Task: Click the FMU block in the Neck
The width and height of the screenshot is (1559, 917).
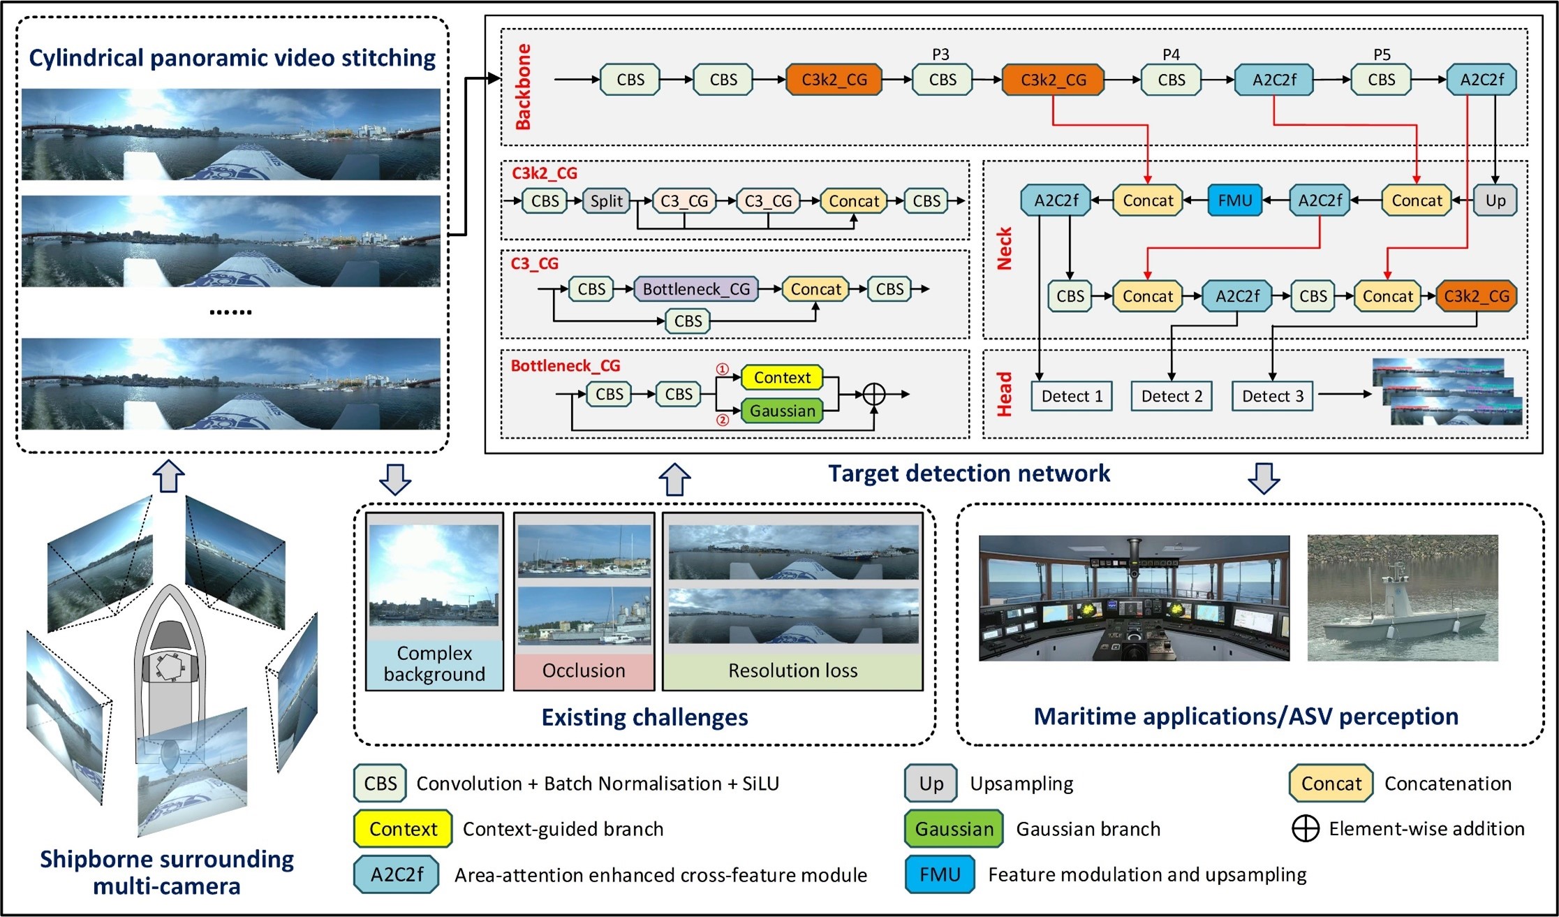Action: [1234, 201]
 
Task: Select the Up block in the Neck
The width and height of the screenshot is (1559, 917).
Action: [1495, 201]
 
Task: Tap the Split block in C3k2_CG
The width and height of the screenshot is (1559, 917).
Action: [606, 201]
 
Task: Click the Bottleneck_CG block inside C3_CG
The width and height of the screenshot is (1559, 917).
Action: [696, 289]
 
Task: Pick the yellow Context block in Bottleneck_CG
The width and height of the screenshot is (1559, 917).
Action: [782, 378]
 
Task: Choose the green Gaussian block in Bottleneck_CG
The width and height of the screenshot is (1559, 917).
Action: [782, 411]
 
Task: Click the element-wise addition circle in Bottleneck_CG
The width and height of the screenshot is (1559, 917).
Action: [874, 395]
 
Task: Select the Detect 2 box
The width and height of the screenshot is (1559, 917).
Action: [1172, 397]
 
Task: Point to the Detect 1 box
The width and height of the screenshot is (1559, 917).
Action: [1072, 397]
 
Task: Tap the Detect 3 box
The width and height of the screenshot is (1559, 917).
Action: [1272, 397]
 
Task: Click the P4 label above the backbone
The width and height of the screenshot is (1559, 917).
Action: [1171, 54]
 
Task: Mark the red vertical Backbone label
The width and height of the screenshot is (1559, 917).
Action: [523, 87]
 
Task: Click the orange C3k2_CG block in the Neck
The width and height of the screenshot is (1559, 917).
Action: [1477, 296]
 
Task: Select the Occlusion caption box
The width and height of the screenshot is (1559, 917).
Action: [584, 671]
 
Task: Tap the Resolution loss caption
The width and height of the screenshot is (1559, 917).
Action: [792, 671]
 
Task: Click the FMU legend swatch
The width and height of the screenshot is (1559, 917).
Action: [940, 874]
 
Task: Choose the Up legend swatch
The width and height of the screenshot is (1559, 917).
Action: [931, 784]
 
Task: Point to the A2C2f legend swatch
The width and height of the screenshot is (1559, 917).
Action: [397, 874]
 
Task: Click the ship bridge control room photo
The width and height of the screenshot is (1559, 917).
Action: [1134, 599]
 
